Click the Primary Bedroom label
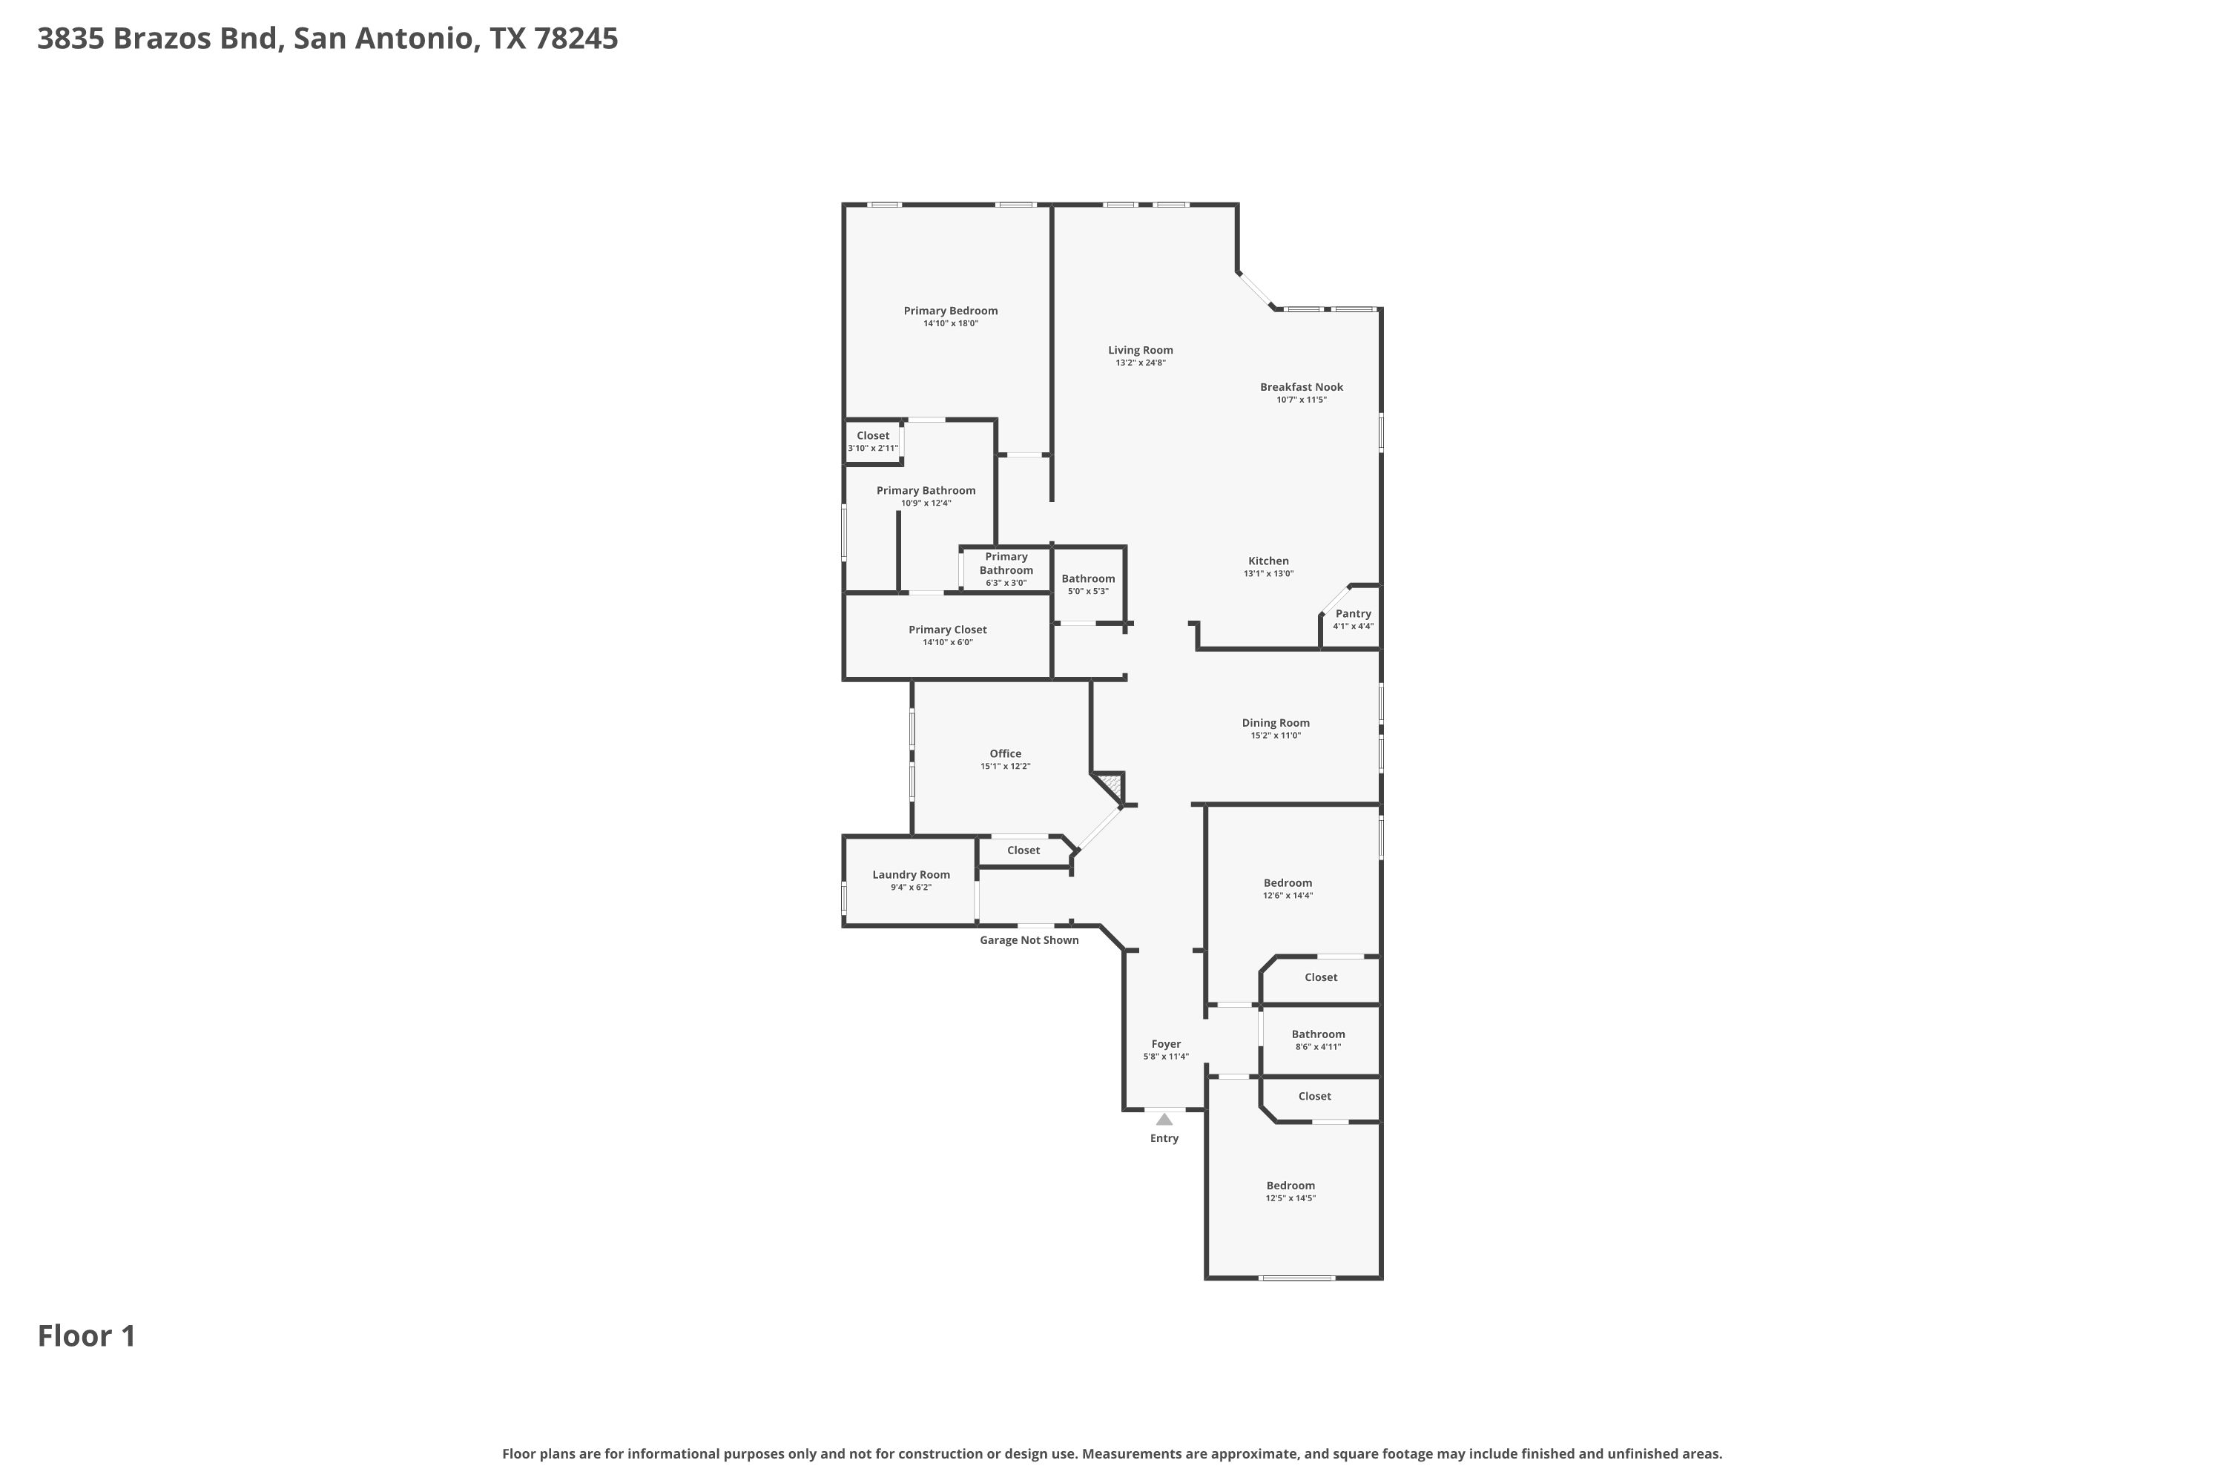pos(950,310)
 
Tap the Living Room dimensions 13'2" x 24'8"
pos(1140,363)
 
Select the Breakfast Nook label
pos(1301,387)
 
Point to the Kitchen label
pos(1268,561)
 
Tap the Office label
pos(1005,754)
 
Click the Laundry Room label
pos(910,875)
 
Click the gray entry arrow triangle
pos(1164,1120)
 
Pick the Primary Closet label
pos(947,630)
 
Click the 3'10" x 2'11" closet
pos(872,442)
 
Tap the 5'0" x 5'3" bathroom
pos(1088,584)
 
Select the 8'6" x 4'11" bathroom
pos(1319,1040)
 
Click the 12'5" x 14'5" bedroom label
pos(1290,1186)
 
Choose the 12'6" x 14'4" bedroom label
pos(1288,883)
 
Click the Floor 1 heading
pos(87,1336)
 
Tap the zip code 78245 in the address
pos(576,39)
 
